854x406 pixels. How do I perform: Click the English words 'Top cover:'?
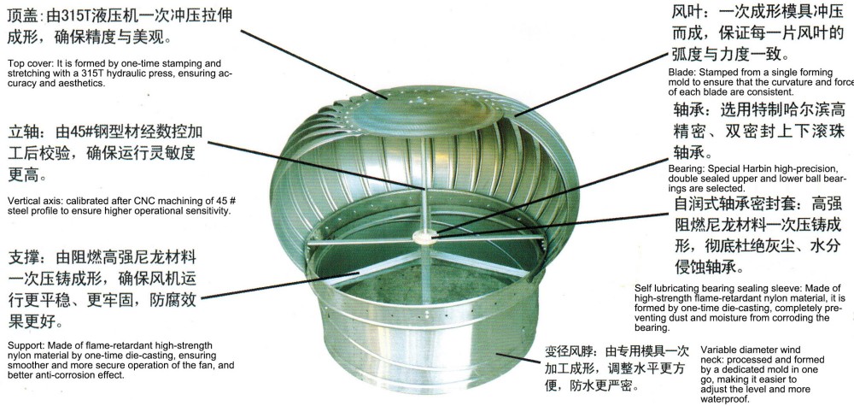point(28,63)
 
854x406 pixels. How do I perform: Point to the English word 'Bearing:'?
point(686,170)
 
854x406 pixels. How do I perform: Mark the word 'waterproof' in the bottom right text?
point(727,398)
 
